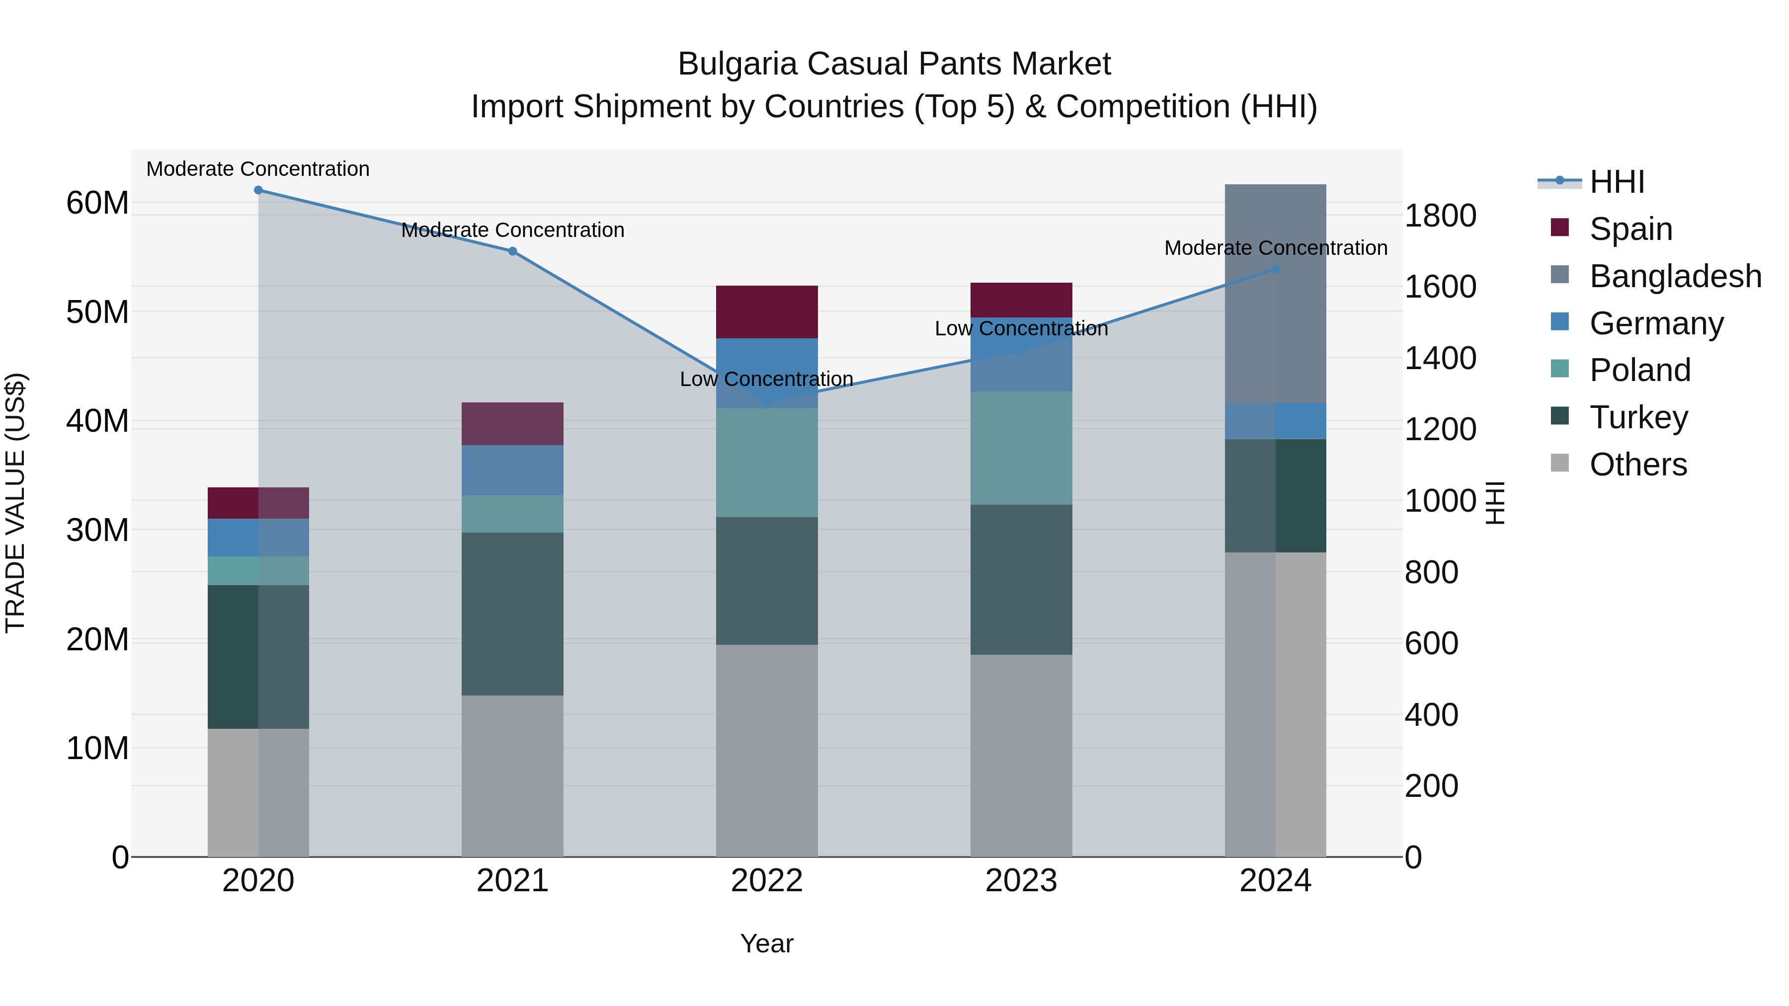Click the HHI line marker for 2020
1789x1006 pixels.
pos(258,190)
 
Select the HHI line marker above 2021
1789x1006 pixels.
pos(512,251)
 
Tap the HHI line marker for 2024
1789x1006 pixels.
pos(1275,269)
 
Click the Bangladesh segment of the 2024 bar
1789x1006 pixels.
pos(1275,294)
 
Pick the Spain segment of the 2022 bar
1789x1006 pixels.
pos(767,311)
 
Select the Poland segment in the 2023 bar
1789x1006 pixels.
pos(1021,448)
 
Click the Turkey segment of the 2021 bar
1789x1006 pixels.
pos(512,614)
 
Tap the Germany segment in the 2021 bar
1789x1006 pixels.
pos(512,470)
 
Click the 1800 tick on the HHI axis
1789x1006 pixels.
pos(1440,216)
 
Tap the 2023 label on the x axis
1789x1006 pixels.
pos(1021,881)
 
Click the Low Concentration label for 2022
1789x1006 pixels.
pos(767,379)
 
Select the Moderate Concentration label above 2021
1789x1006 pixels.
pos(512,230)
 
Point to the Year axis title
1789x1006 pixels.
pos(767,943)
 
